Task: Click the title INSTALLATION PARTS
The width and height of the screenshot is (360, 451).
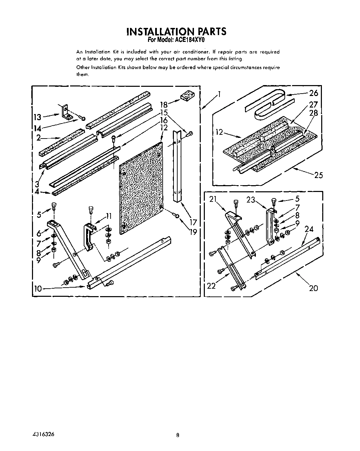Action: click(x=176, y=31)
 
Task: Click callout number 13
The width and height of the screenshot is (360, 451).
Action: click(x=37, y=117)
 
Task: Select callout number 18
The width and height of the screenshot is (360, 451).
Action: click(x=164, y=105)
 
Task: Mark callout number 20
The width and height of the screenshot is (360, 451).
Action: click(x=313, y=288)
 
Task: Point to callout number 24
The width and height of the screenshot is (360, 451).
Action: click(x=309, y=229)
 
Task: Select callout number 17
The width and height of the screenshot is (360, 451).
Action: click(x=193, y=223)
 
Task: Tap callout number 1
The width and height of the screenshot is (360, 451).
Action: click(x=220, y=94)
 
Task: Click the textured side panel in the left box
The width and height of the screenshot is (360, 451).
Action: click(x=140, y=187)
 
